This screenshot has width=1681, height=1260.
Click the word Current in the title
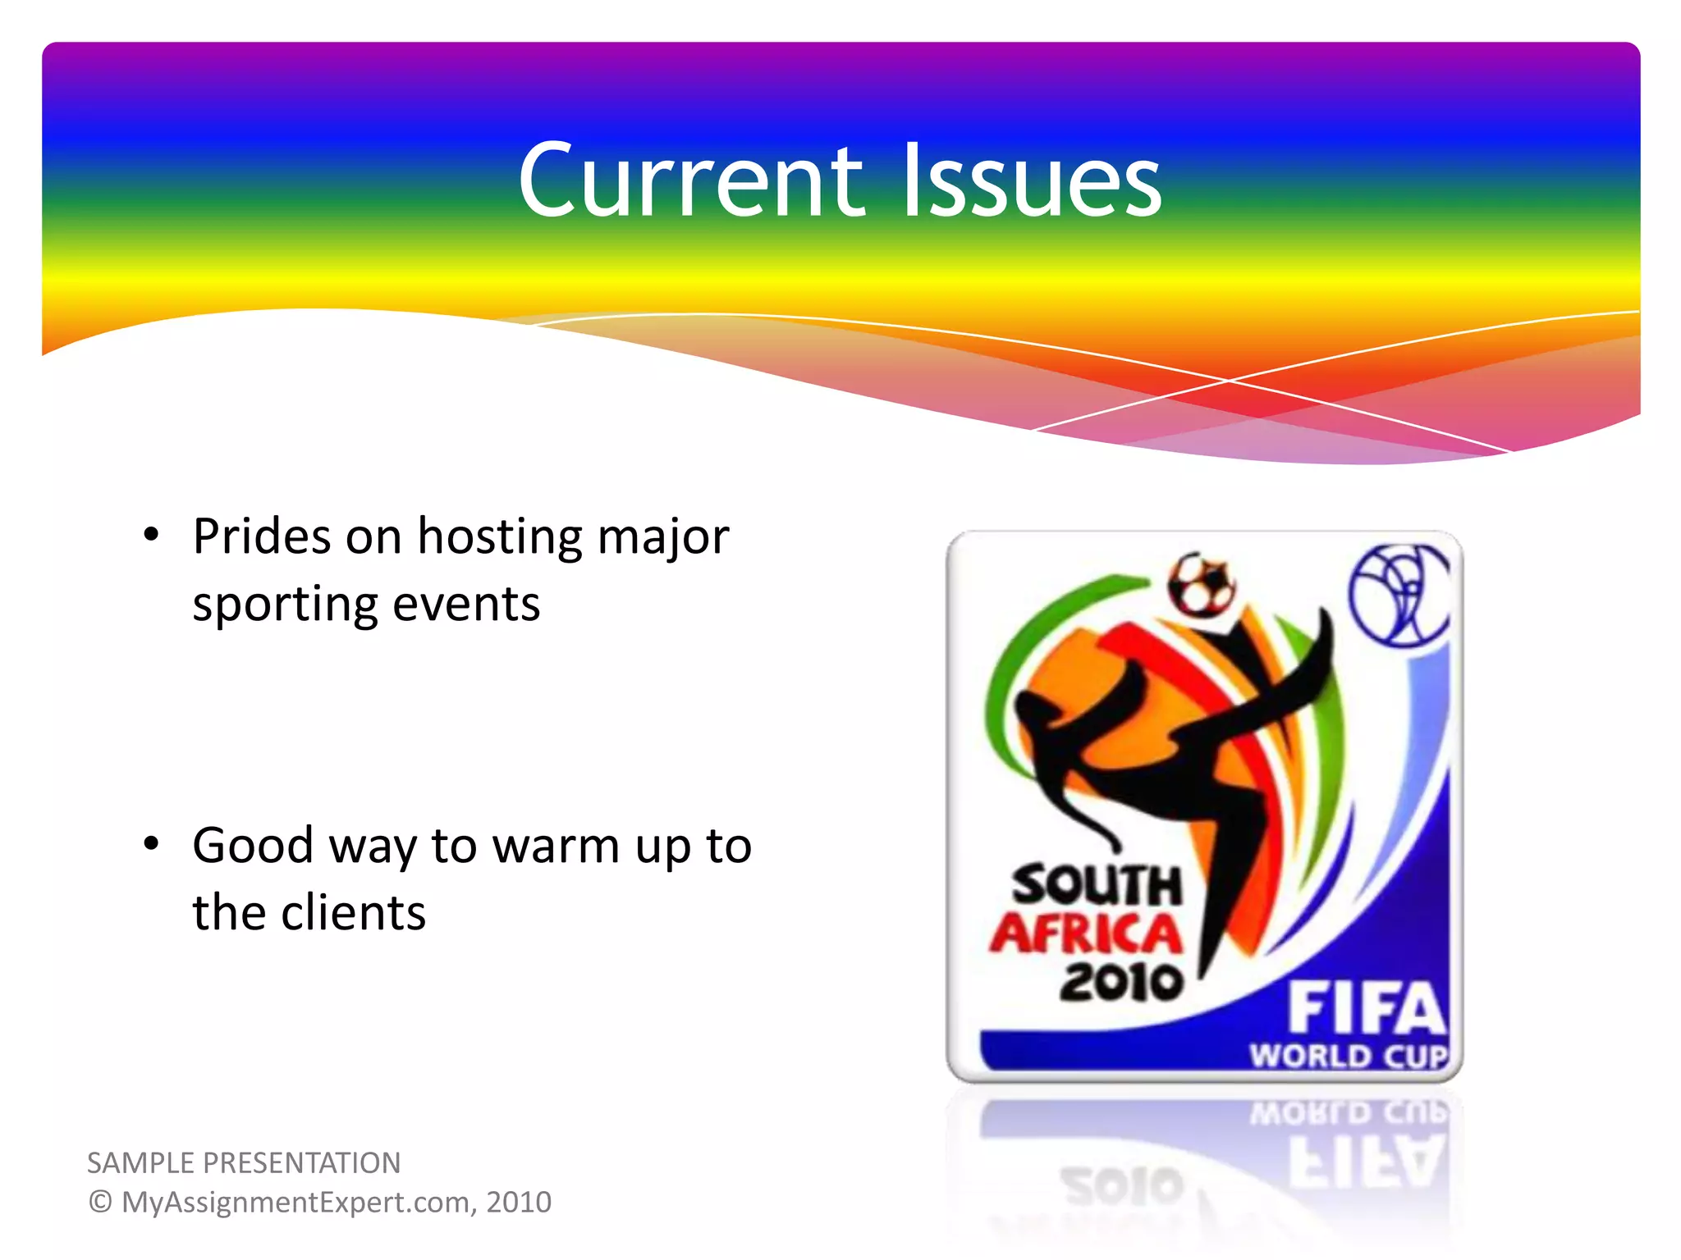(690, 180)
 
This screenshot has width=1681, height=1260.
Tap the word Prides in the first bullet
(261, 537)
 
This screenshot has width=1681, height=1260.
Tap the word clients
(353, 913)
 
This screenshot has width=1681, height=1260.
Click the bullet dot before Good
(151, 843)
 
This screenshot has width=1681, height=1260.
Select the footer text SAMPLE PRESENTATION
(244, 1163)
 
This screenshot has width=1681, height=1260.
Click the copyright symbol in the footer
(99, 1203)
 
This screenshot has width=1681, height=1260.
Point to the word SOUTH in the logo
(1097, 886)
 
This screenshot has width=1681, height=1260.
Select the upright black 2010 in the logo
(1121, 982)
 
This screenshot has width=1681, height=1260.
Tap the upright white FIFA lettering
(1366, 1009)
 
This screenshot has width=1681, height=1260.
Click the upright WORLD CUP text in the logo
(1349, 1056)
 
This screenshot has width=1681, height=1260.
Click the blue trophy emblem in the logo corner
(1400, 595)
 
